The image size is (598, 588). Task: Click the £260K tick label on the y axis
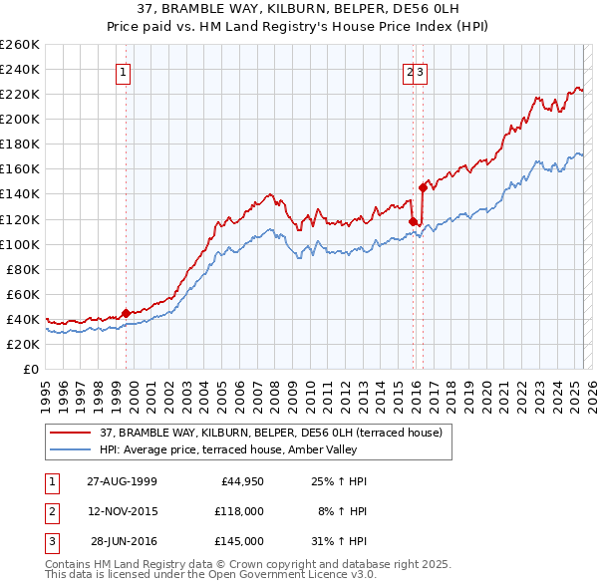point(20,45)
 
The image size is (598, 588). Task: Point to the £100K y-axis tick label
point(20,244)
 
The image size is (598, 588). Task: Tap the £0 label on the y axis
point(31,370)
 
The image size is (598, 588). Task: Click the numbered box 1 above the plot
point(123,72)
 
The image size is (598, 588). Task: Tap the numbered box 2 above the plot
point(410,72)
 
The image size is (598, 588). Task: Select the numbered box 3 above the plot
point(422,72)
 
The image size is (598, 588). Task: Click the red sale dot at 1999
point(127,313)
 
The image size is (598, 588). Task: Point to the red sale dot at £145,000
point(423,187)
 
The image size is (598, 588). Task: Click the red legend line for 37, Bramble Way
point(71,432)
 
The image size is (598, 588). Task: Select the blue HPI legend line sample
point(71,449)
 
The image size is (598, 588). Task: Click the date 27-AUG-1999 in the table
point(122,481)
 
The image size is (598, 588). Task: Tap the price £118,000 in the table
point(239,511)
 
